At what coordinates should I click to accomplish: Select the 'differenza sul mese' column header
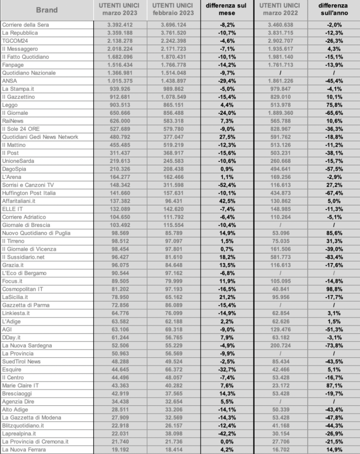tap(227, 10)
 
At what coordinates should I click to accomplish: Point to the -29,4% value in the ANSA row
tap(227, 81)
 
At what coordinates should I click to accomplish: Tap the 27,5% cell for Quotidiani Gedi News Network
tap(227, 137)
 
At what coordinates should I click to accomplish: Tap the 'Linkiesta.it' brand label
tap(16, 313)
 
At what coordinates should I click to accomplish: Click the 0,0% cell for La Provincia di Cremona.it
tap(227, 441)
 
